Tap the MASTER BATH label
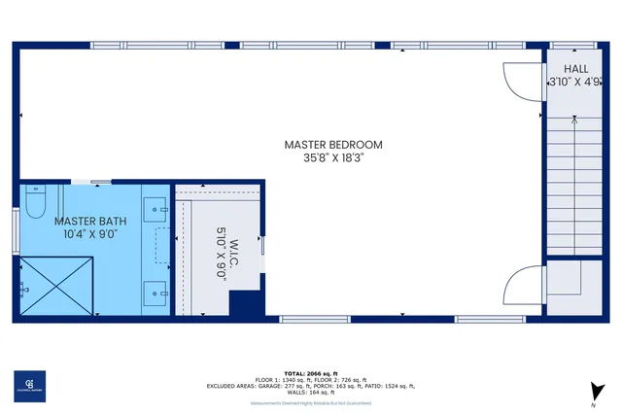pyautogui.click(x=90, y=222)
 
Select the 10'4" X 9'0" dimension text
pyautogui.click(x=90, y=234)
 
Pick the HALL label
pyautogui.click(x=576, y=70)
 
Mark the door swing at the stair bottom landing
pyautogui.click(x=523, y=284)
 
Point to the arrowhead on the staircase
pyautogui.click(x=576, y=121)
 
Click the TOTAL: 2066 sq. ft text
pyautogui.click(x=311, y=373)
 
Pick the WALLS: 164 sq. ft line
pyautogui.click(x=311, y=393)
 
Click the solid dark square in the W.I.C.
pyautogui.click(x=247, y=303)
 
